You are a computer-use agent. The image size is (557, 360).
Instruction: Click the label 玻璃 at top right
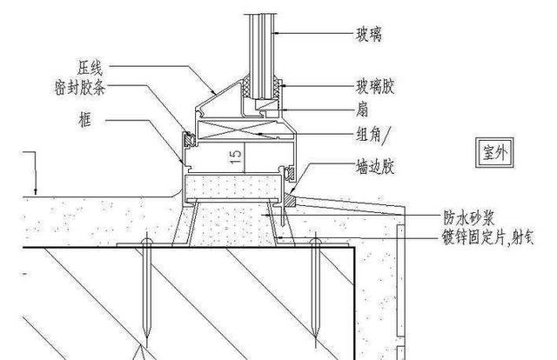click(x=369, y=35)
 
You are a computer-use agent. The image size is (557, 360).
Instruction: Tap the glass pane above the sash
click(x=265, y=43)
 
